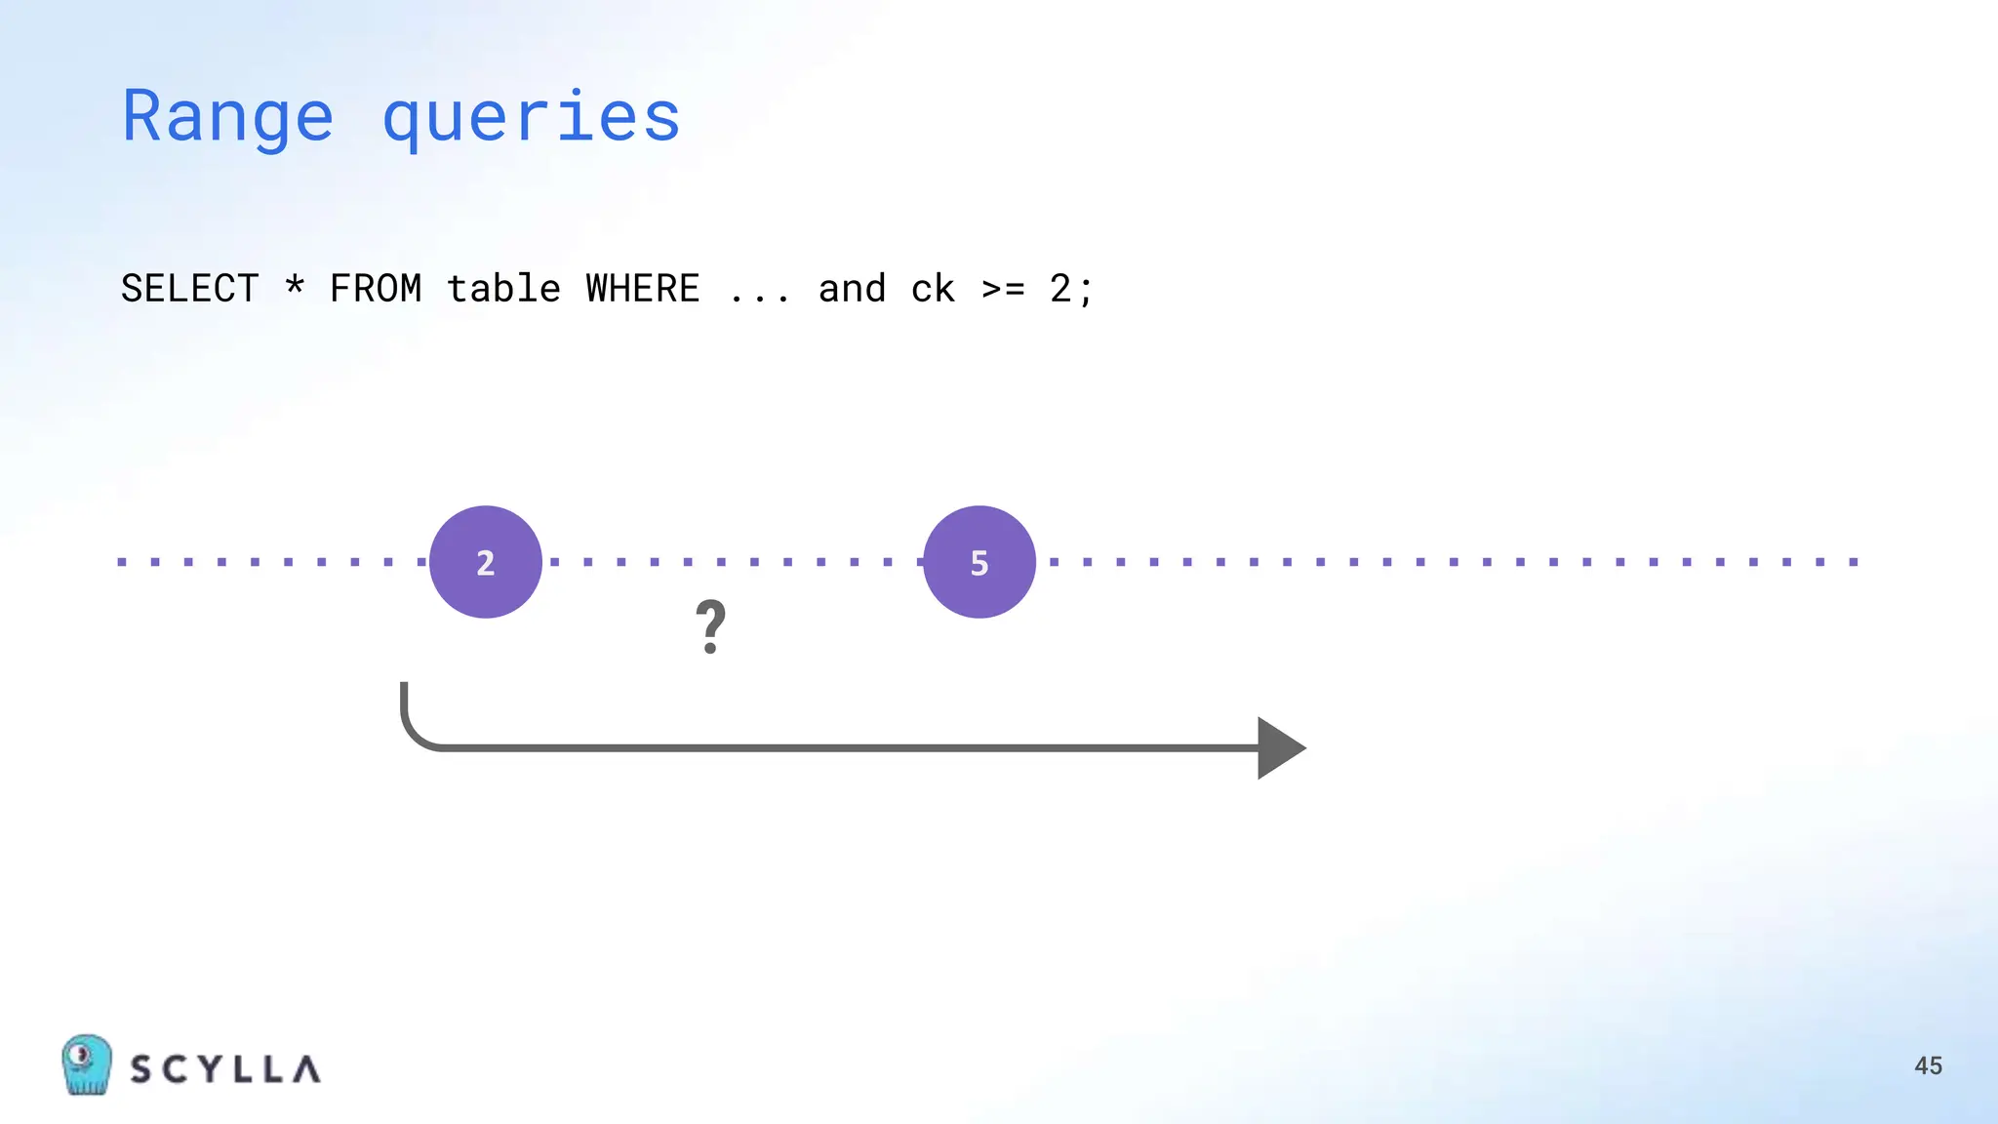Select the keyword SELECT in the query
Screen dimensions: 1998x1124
(190, 289)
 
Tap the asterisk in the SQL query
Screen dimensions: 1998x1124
(295, 285)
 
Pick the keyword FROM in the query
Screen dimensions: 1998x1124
(376, 289)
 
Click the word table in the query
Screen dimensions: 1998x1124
(503, 289)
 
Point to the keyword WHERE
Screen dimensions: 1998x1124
(643, 289)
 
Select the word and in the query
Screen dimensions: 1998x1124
(852, 289)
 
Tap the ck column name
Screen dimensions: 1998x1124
(933, 289)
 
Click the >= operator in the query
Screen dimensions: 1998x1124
(1003, 289)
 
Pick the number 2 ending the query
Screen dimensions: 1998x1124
(1060, 289)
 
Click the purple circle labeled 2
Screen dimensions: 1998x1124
(486, 562)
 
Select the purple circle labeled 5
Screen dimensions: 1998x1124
(979, 562)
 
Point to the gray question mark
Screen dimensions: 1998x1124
(711, 626)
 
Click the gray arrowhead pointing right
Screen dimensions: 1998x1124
(1279, 748)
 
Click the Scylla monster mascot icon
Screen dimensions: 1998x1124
(86, 1064)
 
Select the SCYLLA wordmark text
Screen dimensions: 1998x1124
(225, 1069)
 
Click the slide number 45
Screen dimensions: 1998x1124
(1928, 1065)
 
